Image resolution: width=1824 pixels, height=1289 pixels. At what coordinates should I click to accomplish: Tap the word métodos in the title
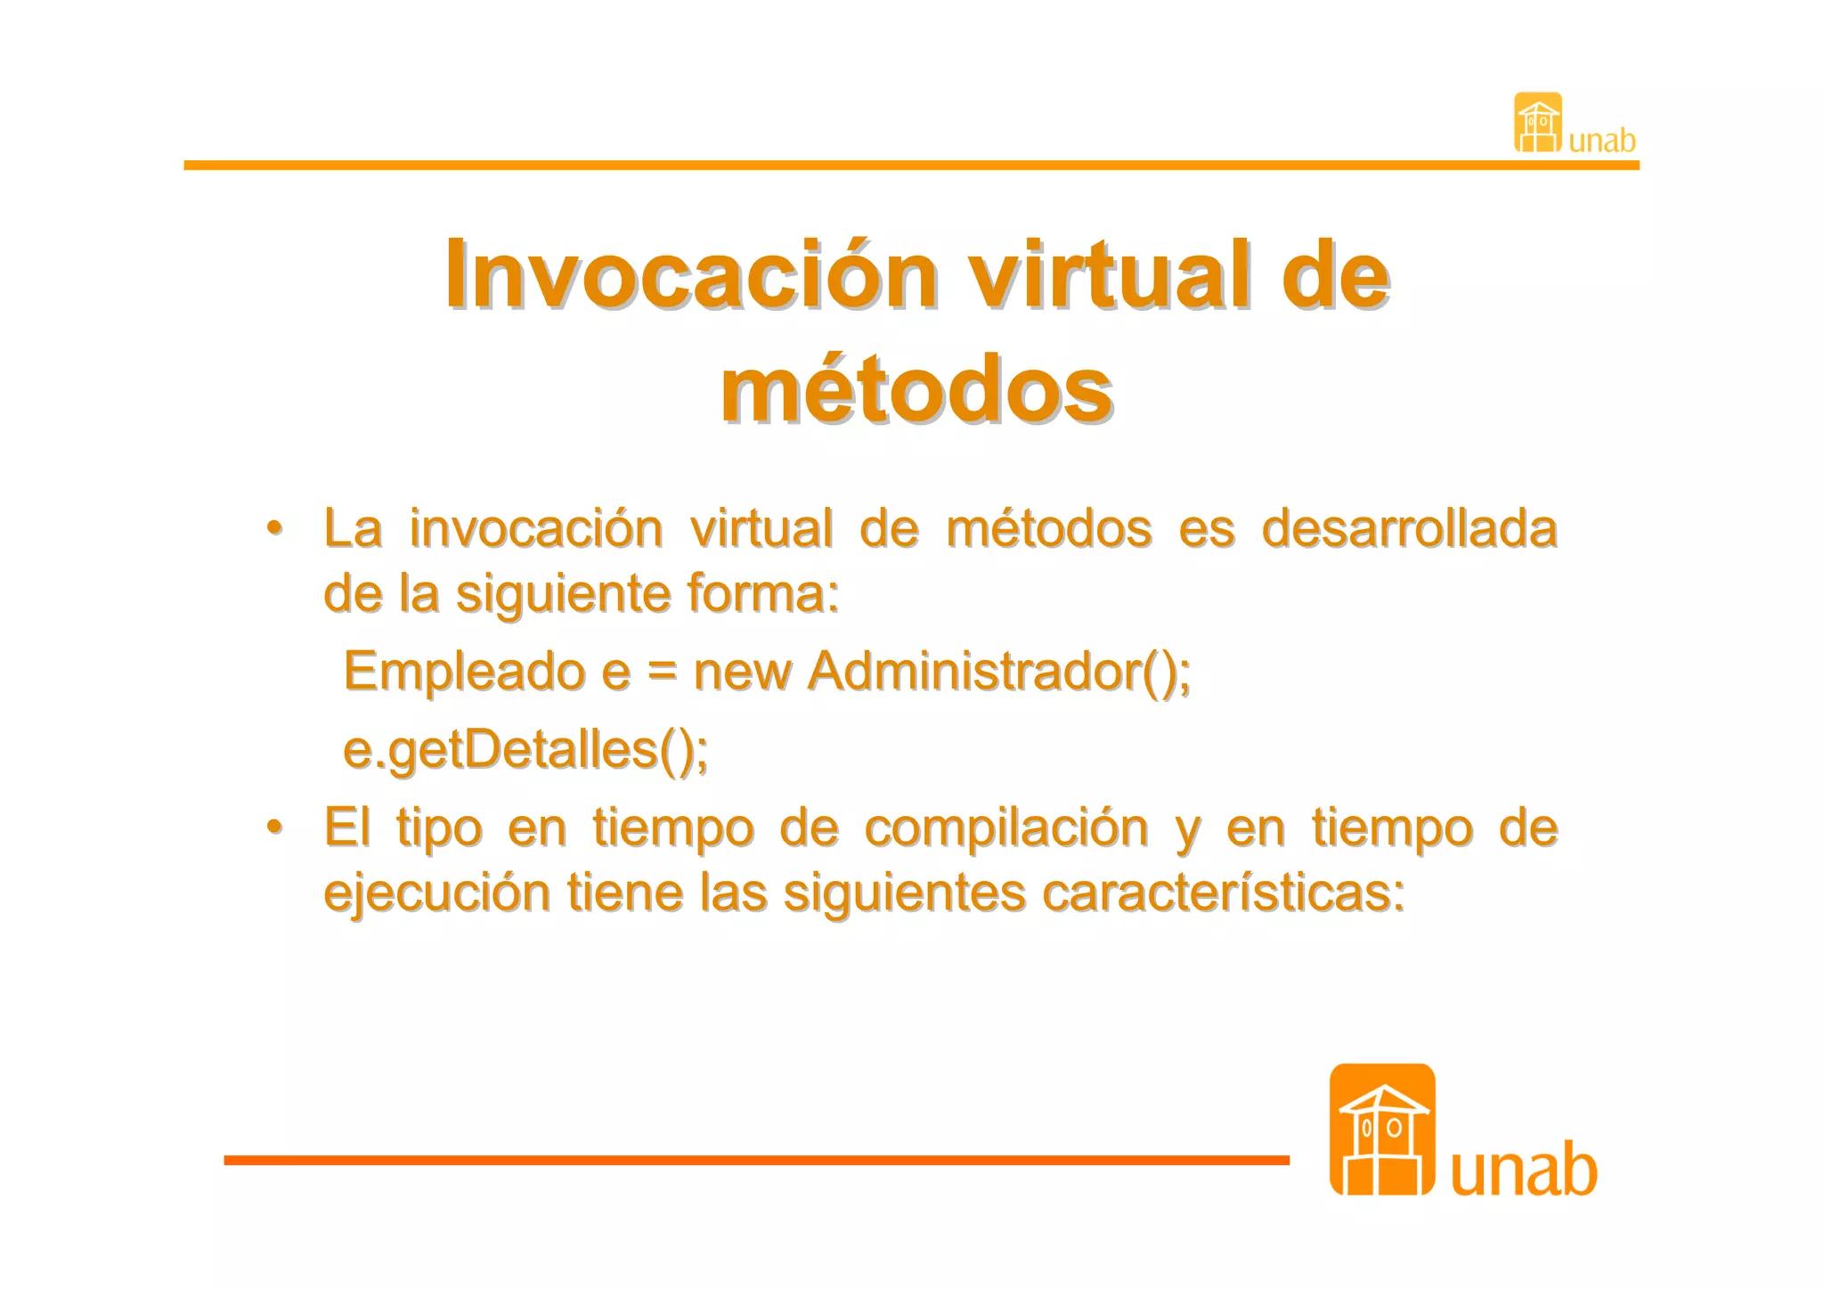[x=916, y=390]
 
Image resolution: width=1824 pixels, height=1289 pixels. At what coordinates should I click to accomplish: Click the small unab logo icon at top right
[x=1537, y=123]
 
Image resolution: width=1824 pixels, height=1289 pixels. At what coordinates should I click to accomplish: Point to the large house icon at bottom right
[x=1381, y=1130]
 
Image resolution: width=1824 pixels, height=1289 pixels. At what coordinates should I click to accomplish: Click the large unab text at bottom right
[x=1524, y=1170]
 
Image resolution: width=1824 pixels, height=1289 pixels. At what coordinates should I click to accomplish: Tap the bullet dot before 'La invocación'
[x=275, y=527]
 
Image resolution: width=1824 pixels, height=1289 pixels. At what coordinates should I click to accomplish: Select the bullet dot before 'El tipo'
[x=275, y=827]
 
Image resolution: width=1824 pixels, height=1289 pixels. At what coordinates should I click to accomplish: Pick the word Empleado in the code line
[x=464, y=670]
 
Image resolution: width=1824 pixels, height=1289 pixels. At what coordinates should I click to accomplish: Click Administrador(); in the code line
[x=998, y=670]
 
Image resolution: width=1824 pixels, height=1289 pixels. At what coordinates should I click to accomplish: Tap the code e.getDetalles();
[x=525, y=749]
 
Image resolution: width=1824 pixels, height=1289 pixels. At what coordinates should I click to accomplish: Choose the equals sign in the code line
[x=662, y=672]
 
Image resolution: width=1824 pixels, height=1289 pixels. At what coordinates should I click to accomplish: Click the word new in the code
[x=742, y=672]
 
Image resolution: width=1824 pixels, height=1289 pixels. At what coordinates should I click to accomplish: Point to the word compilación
[x=1006, y=828]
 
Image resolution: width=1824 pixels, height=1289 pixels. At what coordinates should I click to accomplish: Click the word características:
[x=1223, y=893]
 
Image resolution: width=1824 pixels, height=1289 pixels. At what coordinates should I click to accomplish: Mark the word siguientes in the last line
[x=904, y=893]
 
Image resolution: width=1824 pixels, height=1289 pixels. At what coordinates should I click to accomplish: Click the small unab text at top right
[x=1601, y=141]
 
